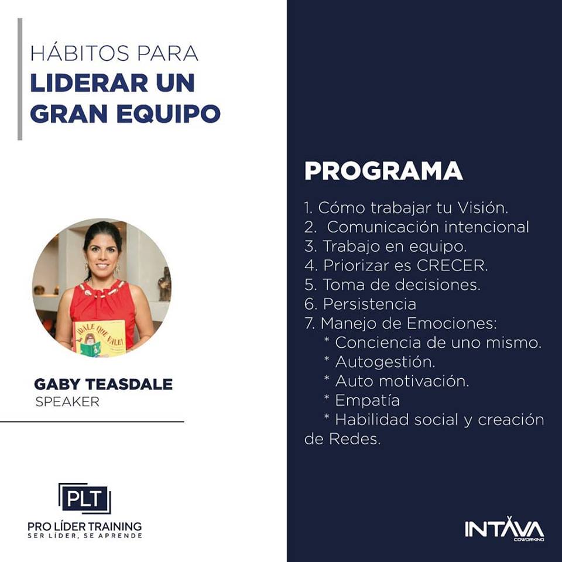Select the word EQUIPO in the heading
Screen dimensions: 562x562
click(x=168, y=114)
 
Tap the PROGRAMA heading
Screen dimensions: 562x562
click(x=383, y=170)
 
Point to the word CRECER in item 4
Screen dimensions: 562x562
click(x=451, y=265)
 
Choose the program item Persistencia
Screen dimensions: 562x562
click(x=369, y=304)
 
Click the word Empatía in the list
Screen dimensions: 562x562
click(x=368, y=400)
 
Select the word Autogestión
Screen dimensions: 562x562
click(x=385, y=362)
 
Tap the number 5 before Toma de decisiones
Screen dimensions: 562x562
click(x=309, y=285)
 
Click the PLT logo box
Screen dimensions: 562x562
click(x=85, y=498)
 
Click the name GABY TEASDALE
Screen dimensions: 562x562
click(x=103, y=384)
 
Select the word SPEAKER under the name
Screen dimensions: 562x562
click(x=67, y=402)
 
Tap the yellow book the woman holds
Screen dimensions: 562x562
click(x=100, y=338)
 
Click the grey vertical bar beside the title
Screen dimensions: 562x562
click(x=20, y=79)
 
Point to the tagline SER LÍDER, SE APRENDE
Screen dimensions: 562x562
click(x=85, y=536)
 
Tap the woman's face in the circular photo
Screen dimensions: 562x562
click(x=102, y=253)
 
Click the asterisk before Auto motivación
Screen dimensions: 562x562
click(x=327, y=378)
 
